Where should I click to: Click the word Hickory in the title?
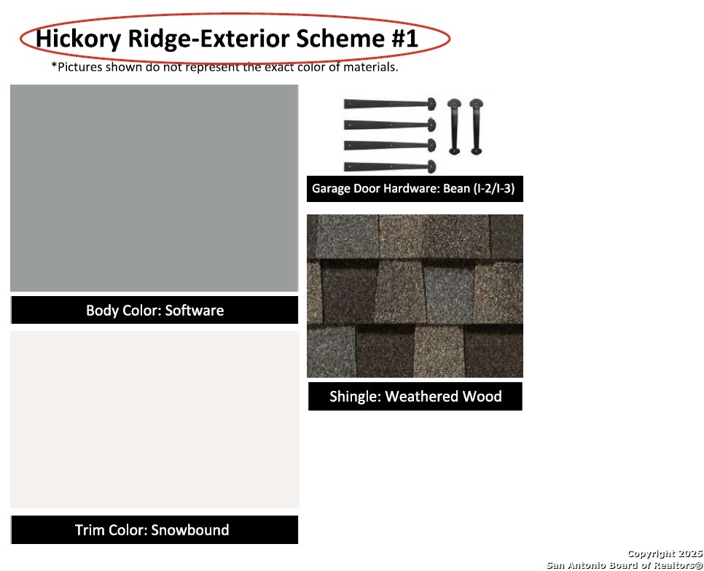[78, 39]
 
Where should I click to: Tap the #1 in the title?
[404, 38]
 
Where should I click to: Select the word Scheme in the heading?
[340, 38]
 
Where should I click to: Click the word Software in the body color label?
[195, 311]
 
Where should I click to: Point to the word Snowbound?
[190, 530]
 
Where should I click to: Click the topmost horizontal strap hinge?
[390, 104]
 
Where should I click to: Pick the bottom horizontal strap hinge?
[390, 167]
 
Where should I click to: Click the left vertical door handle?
[454, 127]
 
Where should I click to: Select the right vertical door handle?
[477, 127]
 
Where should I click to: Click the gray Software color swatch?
[154, 188]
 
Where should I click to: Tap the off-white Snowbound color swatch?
[155, 419]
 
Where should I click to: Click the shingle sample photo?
[415, 296]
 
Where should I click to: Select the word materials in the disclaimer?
[370, 67]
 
